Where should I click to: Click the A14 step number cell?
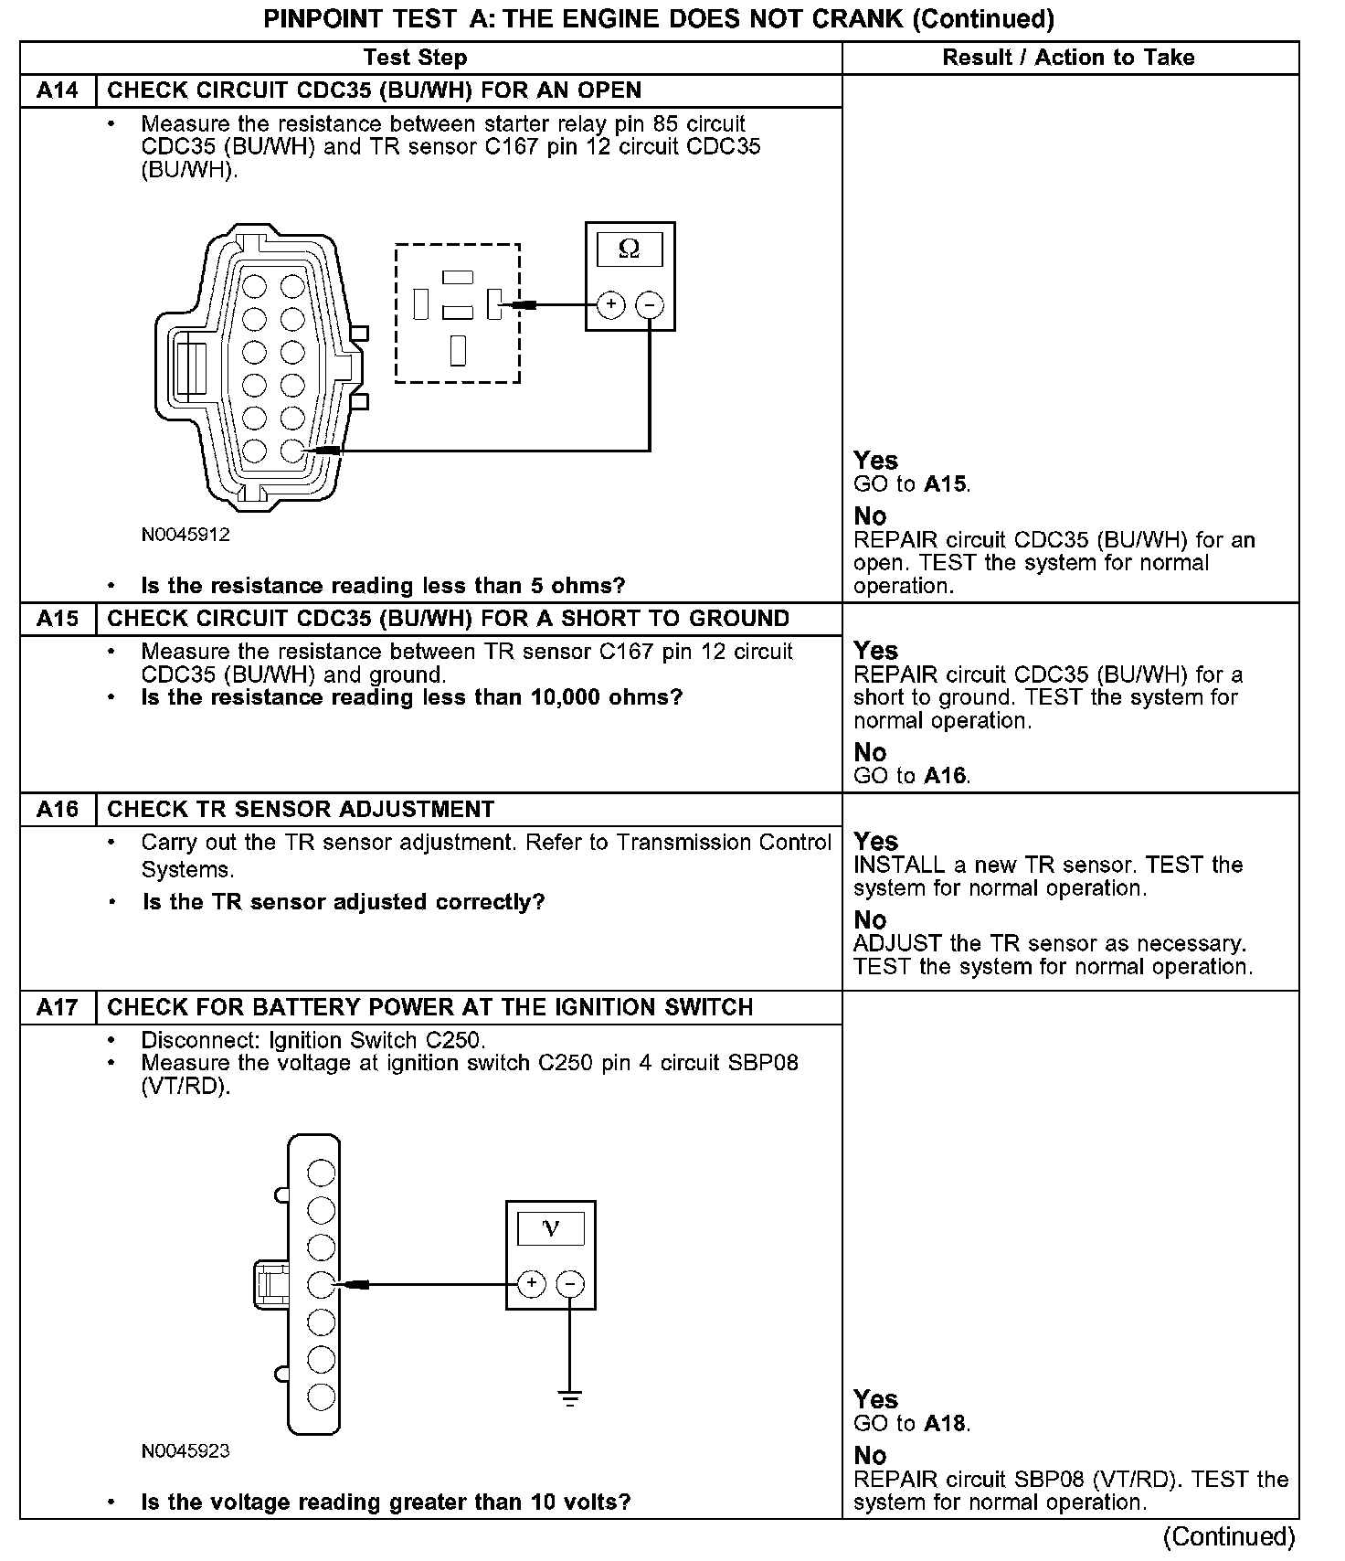[x=57, y=90]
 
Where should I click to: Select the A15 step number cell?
[x=57, y=619]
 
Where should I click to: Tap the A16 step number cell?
[x=57, y=810]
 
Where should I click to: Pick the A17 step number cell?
[x=57, y=1007]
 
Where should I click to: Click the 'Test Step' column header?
[x=415, y=58]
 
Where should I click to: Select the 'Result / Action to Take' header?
[x=1068, y=58]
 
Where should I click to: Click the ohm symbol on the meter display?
[x=629, y=249]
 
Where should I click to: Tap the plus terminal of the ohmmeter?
[x=610, y=304]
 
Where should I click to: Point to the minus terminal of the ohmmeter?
[x=649, y=304]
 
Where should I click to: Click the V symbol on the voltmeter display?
[x=550, y=1228]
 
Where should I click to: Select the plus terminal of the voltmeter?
[x=532, y=1284]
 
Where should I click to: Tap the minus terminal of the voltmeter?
[x=570, y=1284]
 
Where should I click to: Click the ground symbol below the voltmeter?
[x=570, y=1398]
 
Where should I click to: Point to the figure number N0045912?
[x=185, y=535]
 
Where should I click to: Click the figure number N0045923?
[x=185, y=1450]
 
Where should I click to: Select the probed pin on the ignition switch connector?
[x=322, y=1284]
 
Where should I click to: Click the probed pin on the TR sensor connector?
[x=292, y=450]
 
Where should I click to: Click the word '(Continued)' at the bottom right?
[x=1229, y=1537]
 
